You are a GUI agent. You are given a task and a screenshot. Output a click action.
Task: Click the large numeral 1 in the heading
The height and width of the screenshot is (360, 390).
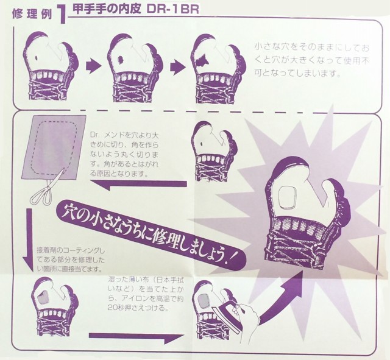point(62,15)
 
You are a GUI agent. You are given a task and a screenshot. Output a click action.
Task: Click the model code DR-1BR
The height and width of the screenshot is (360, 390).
point(173,9)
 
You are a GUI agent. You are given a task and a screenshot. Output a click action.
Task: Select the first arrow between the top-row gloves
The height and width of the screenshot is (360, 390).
point(93,66)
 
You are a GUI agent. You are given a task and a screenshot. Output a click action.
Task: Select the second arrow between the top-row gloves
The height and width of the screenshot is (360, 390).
point(178,67)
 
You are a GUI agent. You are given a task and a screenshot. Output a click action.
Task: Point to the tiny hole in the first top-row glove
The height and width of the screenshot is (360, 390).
point(36,58)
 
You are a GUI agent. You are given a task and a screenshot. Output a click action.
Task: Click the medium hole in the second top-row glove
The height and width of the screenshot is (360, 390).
point(121,60)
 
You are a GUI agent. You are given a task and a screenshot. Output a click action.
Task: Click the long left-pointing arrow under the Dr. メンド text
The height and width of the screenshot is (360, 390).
point(138,185)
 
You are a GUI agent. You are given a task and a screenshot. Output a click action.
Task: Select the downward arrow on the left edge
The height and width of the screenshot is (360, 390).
point(29,239)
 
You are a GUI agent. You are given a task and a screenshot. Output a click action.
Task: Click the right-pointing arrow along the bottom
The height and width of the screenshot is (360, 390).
point(136,337)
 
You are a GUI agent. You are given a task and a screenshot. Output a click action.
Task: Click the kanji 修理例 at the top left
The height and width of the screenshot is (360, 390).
point(32,15)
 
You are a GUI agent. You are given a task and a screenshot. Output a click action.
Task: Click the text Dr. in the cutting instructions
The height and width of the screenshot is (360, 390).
point(94,135)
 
